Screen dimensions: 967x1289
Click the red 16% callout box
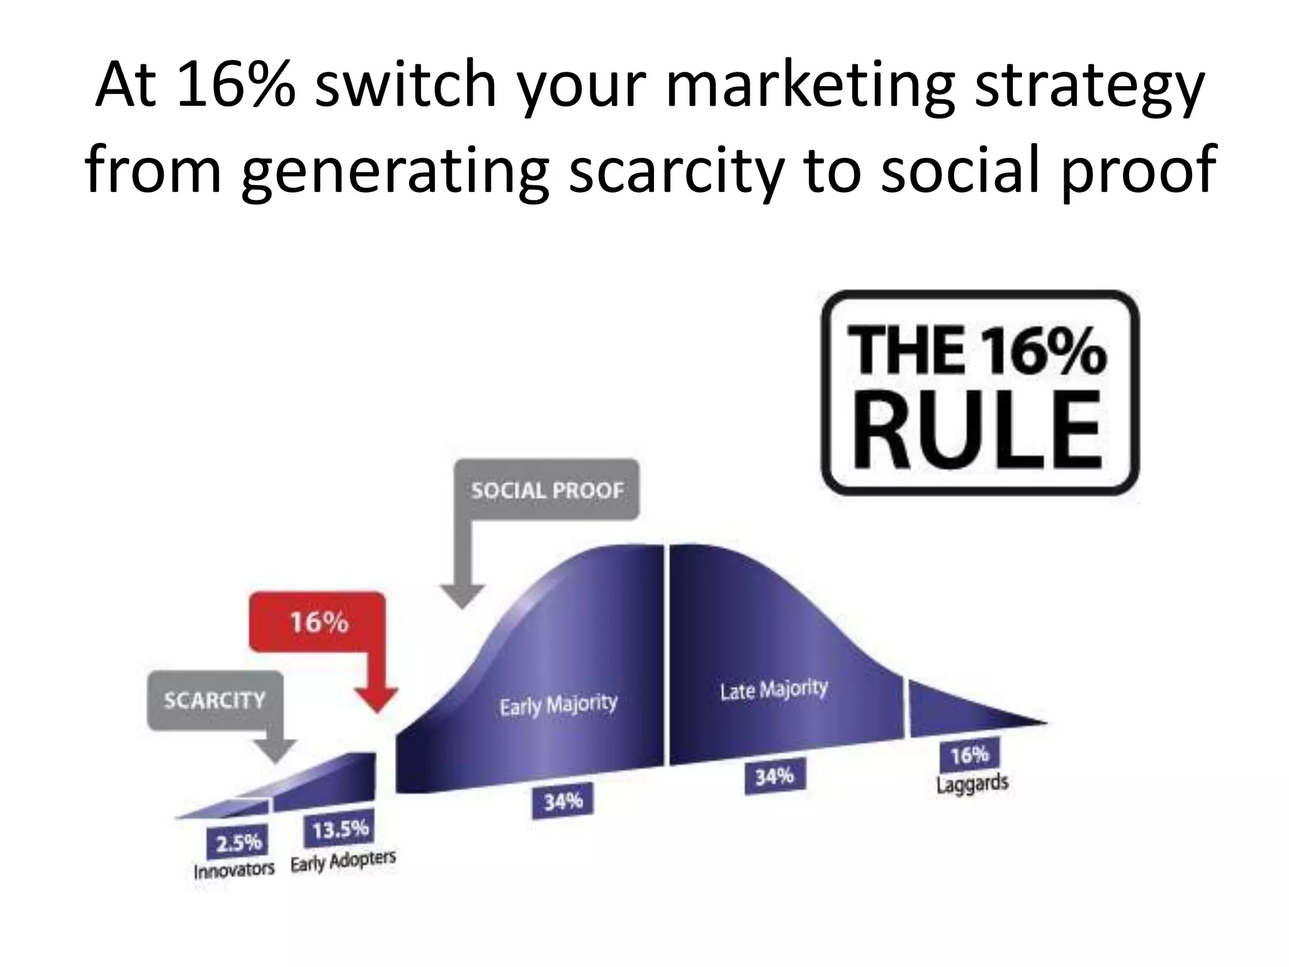(318, 622)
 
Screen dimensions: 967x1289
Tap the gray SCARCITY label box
(215, 700)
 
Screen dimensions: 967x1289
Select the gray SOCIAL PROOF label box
(547, 490)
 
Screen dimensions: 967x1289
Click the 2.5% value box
(238, 842)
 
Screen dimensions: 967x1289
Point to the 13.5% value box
(340, 830)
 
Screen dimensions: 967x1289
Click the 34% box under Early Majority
(563, 801)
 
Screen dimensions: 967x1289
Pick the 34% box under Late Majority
(774, 777)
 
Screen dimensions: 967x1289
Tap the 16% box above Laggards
(969, 754)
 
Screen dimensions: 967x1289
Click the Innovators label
(234, 871)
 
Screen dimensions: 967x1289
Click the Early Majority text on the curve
(558, 704)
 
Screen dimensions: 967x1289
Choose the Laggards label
(972, 784)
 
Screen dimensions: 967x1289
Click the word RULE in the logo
(977, 429)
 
